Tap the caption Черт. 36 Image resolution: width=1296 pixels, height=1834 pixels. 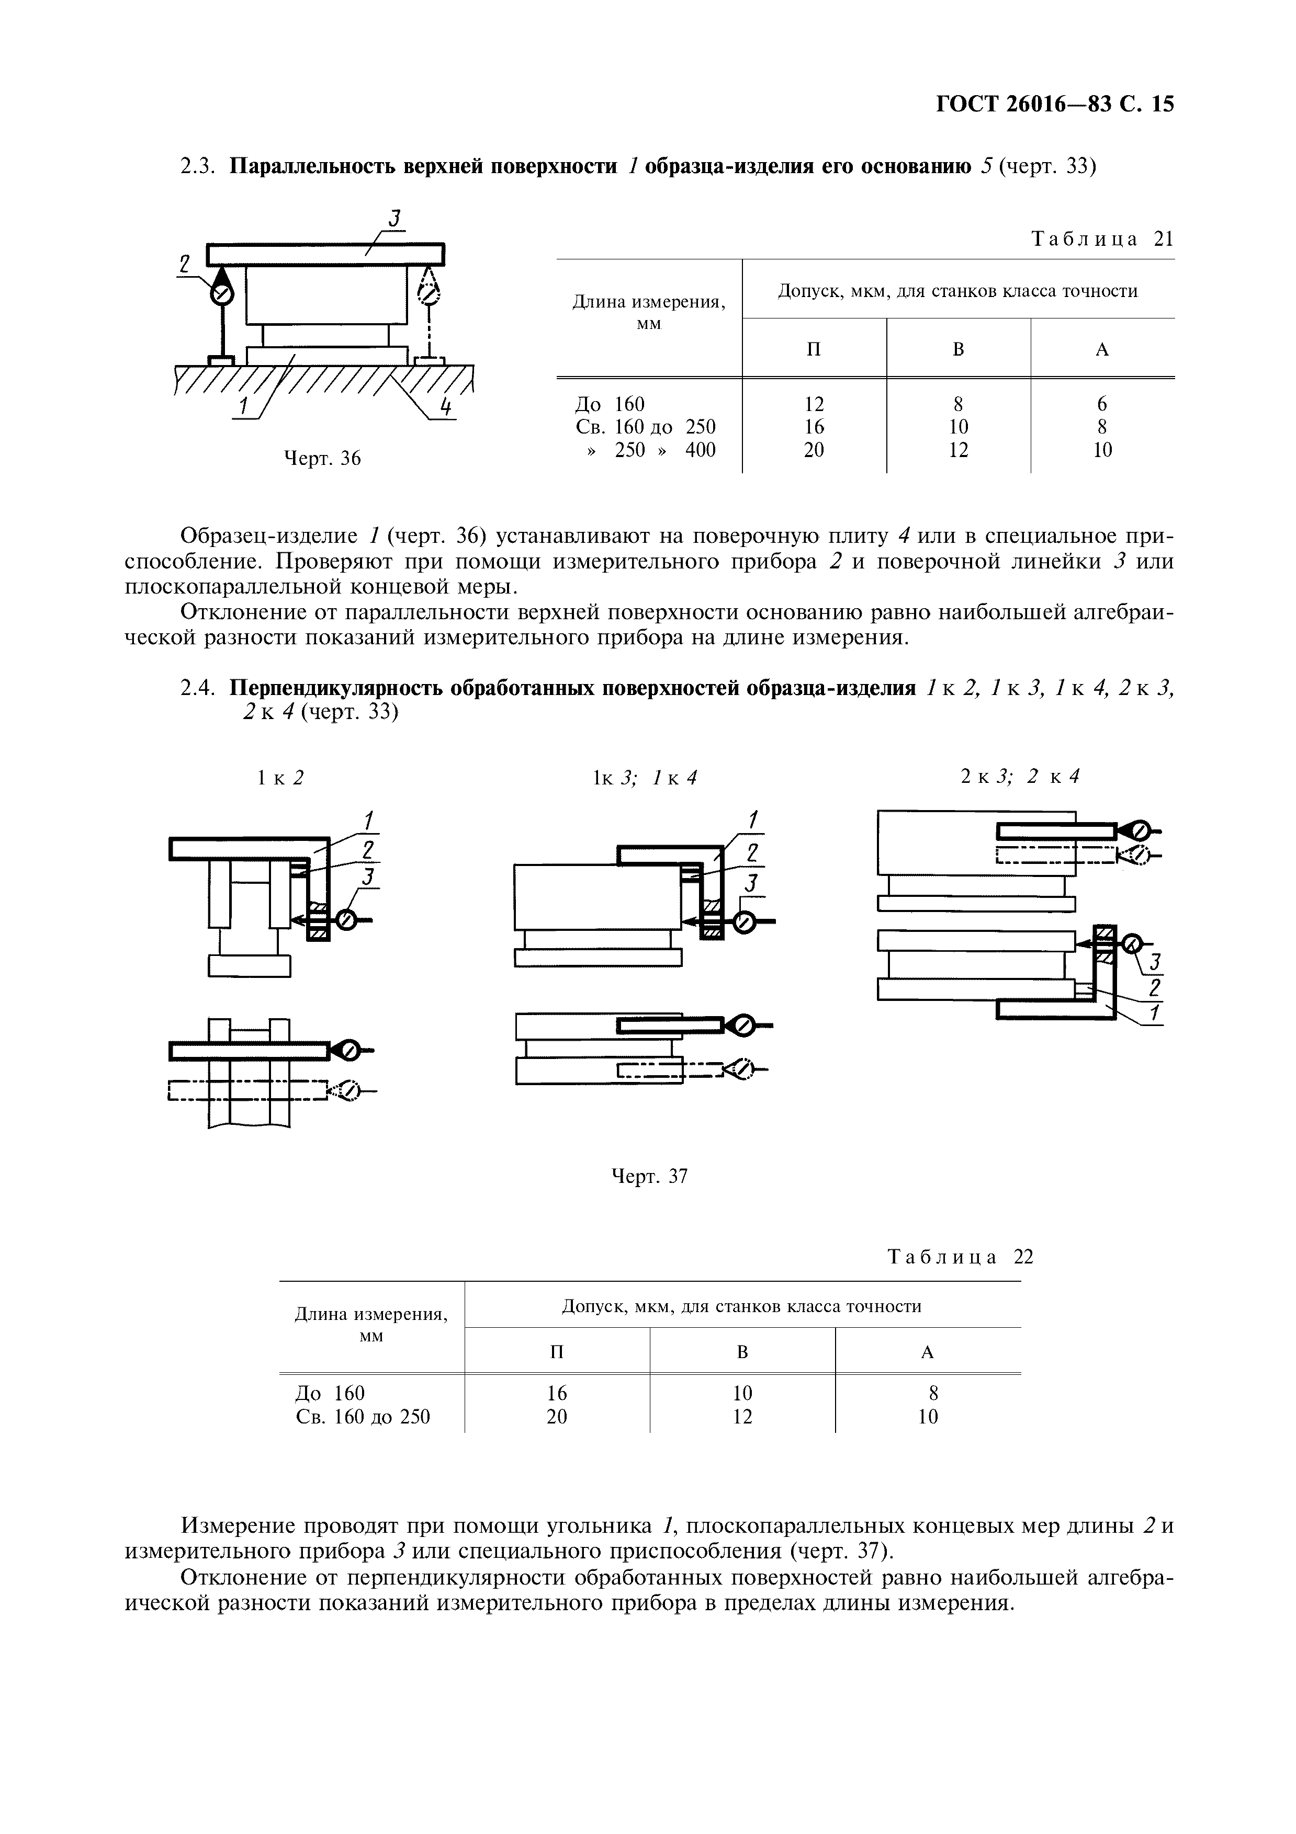pos(323,459)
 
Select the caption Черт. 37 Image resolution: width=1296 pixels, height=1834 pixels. pos(649,1177)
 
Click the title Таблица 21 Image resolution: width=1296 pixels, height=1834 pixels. pos(1102,240)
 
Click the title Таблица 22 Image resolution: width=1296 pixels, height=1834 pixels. pos(961,1257)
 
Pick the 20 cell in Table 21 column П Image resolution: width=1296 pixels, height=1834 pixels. pos(814,450)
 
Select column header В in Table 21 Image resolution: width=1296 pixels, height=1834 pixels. pos(958,349)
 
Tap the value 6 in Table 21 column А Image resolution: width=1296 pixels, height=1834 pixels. pos(1102,404)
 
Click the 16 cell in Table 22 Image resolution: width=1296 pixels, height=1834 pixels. pos(556,1393)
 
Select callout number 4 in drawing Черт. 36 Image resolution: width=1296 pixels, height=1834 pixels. pos(446,407)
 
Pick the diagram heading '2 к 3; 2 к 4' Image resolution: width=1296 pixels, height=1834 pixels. pos(1020,776)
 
